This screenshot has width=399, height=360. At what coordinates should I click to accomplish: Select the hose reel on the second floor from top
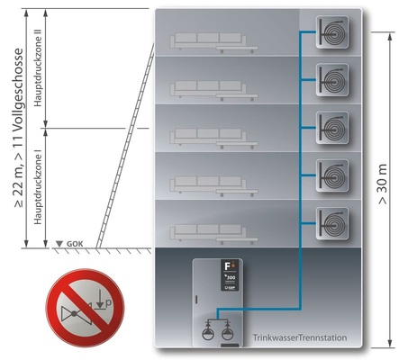333,80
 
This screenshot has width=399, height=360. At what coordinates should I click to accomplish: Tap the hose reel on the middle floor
333,127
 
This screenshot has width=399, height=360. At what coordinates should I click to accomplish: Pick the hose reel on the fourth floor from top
333,174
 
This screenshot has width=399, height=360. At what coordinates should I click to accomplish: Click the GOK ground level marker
73,244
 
